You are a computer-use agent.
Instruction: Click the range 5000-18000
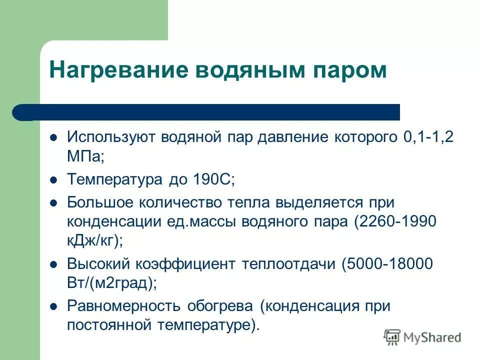(387, 264)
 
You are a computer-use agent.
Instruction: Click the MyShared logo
(422, 337)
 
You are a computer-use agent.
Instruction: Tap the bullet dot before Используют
(55, 136)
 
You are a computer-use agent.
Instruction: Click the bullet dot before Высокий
(55, 263)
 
